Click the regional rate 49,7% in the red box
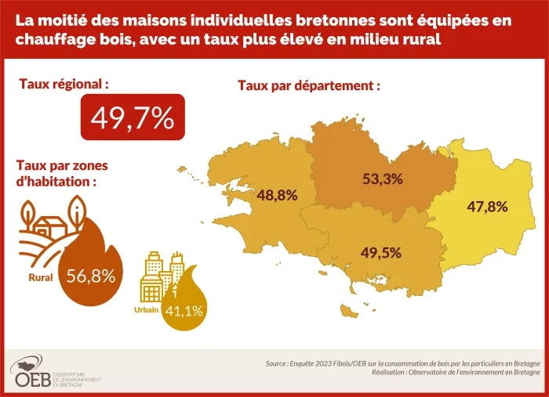click(x=132, y=117)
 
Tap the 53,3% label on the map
click(x=382, y=179)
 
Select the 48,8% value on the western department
click(x=277, y=196)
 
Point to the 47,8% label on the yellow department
click(x=487, y=208)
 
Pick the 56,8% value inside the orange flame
click(x=92, y=276)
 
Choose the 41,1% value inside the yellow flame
click(x=184, y=311)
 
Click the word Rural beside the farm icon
click(x=41, y=277)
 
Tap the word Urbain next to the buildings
click(x=147, y=310)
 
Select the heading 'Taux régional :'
click(x=64, y=83)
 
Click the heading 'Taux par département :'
click(x=309, y=85)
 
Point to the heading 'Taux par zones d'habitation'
click(x=62, y=173)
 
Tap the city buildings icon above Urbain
click(x=160, y=279)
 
